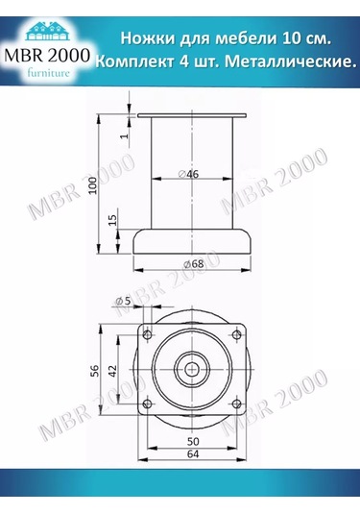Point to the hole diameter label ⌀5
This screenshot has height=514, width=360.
pyautogui.click(x=123, y=303)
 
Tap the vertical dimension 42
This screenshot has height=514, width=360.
pyautogui.click(x=112, y=368)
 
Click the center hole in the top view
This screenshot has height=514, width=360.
pyautogui.click(x=192, y=368)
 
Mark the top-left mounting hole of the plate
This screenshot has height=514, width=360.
pyautogui.click(x=148, y=333)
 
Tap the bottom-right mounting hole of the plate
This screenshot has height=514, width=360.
pyautogui.click(x=236, y=403)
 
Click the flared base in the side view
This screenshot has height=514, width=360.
pyautogui.click(x=192, y=241)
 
